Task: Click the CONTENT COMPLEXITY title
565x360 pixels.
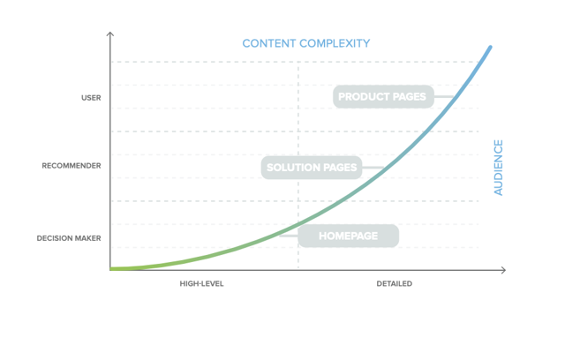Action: [x=306, y=43]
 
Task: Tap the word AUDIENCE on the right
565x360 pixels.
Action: [x=498, y=168]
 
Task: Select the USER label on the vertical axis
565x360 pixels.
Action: [x=91, y=98]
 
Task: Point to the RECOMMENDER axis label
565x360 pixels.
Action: [x=72, y=166]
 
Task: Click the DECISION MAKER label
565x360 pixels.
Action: [x=69, y=238]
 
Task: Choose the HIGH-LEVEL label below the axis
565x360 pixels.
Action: [x=202, y=284]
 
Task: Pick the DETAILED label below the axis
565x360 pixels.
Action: [x=395, y=284]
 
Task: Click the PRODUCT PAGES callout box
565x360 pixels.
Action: [x=383, y=96]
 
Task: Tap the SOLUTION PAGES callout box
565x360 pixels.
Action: [x=312, y=168]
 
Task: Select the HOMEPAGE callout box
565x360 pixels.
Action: [x=349, y=236]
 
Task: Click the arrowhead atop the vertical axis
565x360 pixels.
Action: [x=110, y=33]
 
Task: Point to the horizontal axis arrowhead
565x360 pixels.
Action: [x=504, y=270]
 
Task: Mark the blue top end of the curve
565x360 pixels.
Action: [x=490, y=47]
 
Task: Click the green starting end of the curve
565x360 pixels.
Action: [x=111, y=268]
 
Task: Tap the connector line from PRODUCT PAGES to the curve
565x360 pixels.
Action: [x=444, y=96]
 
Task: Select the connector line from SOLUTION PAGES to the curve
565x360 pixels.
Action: [x=373, y=168]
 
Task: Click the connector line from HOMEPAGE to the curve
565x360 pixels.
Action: [x=289, y=236]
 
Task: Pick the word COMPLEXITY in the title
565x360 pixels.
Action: [x=335, y=43]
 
